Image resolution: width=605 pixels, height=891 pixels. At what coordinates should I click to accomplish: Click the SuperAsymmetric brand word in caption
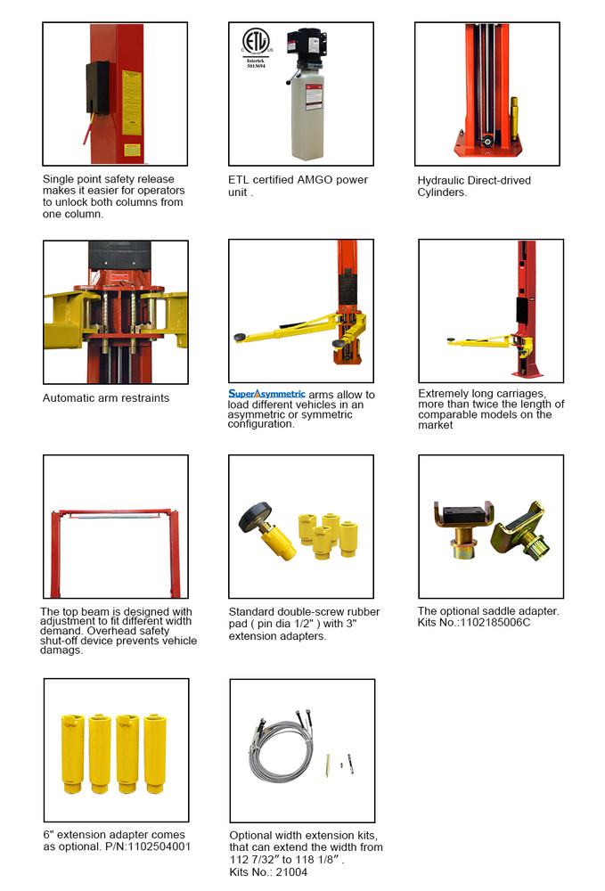[266, 393]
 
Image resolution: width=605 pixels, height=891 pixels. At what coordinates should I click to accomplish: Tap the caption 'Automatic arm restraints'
[105, 397]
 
